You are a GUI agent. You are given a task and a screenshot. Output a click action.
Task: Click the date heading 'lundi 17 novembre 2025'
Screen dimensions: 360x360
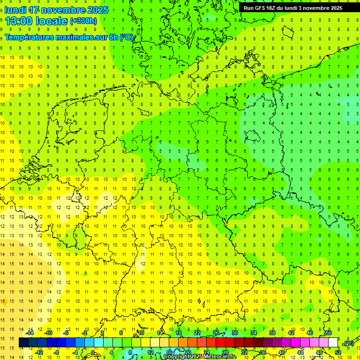click(56, 10)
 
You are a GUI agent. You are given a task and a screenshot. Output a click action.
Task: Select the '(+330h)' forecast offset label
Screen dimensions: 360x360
click(83, 21)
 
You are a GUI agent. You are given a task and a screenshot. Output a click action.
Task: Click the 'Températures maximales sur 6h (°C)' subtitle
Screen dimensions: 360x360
click(69, 37)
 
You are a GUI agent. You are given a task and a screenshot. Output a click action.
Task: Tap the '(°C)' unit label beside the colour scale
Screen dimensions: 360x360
click(348, 343)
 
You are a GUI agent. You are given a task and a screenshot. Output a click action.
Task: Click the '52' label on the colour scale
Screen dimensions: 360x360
click(338, 352)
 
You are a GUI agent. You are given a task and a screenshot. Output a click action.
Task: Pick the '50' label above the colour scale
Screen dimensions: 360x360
click(329, 333)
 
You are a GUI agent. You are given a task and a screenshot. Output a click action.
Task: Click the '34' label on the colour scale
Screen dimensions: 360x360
click(254, 333)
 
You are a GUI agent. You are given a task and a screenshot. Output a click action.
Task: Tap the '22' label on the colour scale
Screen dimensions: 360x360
click(197, 333)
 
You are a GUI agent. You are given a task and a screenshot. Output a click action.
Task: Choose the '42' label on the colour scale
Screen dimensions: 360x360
click(291, 333)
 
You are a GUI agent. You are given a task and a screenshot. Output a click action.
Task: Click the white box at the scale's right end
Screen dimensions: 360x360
click(333, 343)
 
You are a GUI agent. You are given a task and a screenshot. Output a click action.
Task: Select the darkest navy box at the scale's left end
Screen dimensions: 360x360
click(23, 343)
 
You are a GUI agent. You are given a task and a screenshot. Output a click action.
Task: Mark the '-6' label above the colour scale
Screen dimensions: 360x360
click(66, 333)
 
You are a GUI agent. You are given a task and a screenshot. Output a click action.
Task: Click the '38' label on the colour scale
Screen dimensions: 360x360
click(272, 333)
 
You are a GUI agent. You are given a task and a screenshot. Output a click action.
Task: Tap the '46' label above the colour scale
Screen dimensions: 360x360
click(310, 333)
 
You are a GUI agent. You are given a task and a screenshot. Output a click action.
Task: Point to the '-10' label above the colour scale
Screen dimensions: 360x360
click(48, 333)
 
